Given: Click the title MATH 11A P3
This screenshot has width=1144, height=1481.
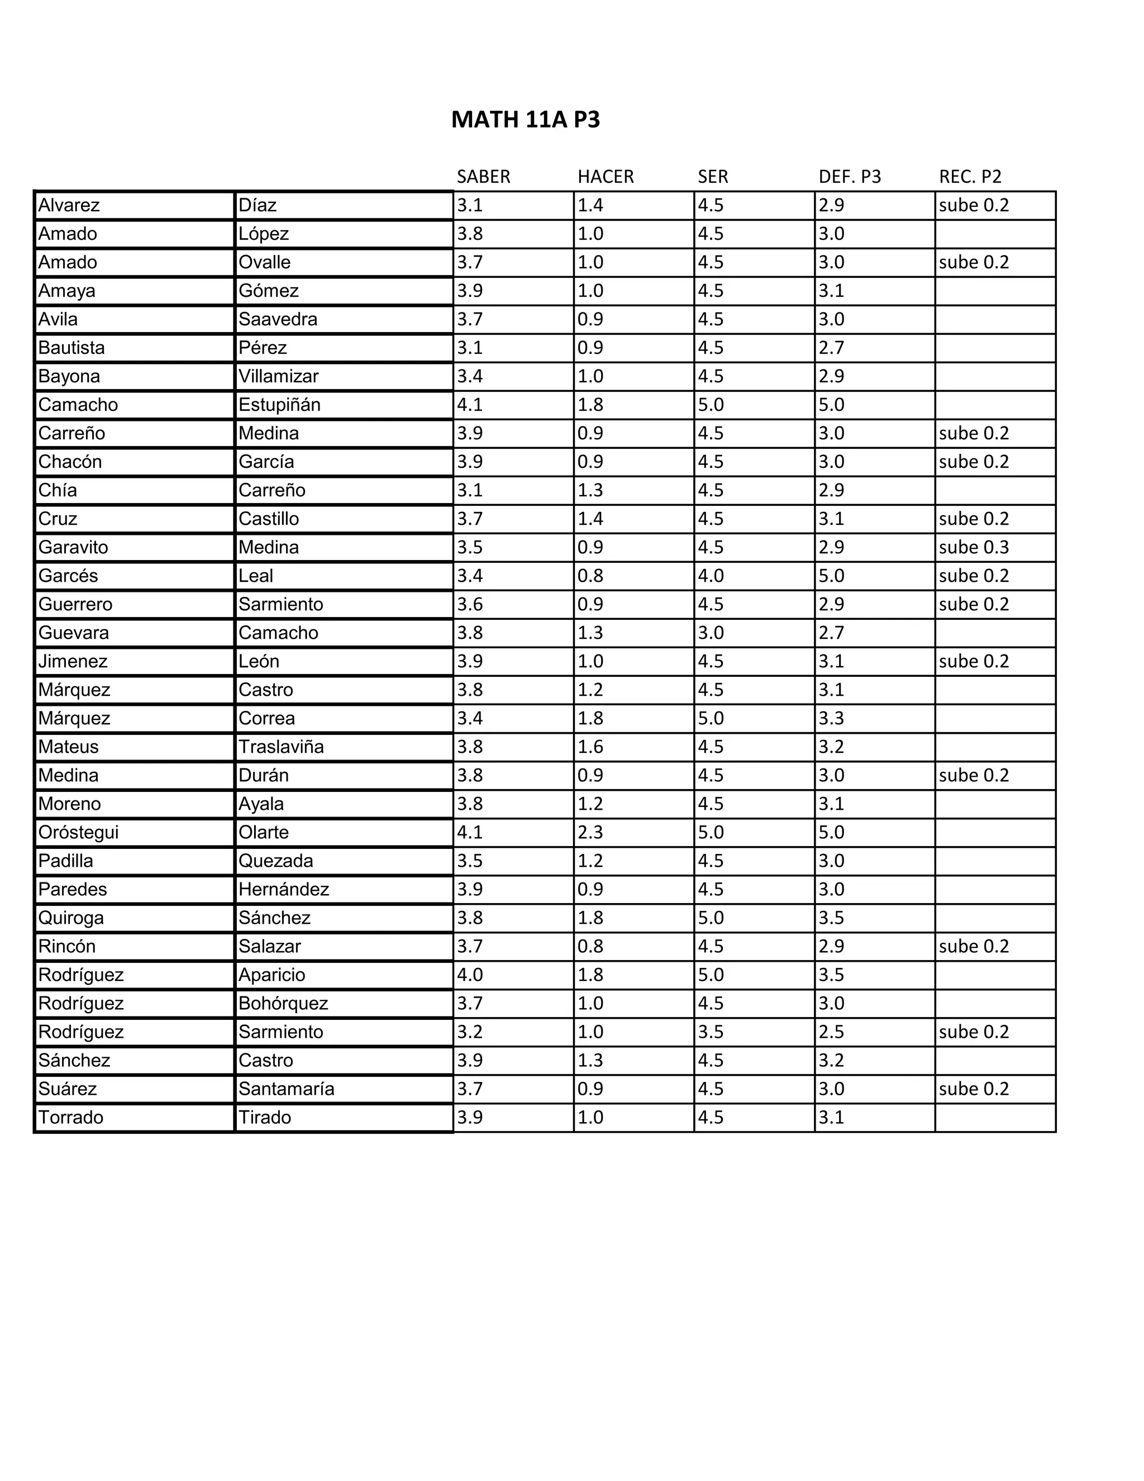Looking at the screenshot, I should (525, 120).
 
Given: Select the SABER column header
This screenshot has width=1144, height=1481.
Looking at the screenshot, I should (483, 177).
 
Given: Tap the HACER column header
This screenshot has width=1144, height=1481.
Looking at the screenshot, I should (605, 177).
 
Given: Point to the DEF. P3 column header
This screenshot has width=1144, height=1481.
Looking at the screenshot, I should (849, 177).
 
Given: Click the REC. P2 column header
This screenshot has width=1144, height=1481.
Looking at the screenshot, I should (970, 177).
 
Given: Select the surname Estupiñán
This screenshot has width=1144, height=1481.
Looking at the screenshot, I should (279, 405).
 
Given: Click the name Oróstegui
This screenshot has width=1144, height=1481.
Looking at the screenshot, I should (78, 832).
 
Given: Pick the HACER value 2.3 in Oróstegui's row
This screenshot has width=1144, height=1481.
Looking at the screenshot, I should (590, 832).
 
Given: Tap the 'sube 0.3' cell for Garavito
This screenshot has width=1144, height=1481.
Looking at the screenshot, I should (973, 547).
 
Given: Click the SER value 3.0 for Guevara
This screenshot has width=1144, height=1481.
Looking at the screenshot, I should (711, 633).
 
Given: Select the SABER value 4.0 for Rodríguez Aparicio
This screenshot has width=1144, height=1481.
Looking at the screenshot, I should (469, 975).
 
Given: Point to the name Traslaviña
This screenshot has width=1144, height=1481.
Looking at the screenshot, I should (280, 747).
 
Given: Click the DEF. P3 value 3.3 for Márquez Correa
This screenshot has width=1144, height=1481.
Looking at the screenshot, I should (831, 718).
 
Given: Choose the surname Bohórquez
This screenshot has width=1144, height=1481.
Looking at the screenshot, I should (283, 1003).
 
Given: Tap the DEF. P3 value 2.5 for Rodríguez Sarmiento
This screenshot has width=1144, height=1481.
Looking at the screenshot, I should (831, 1032).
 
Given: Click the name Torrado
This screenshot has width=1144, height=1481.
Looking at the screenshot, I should (70, 1117).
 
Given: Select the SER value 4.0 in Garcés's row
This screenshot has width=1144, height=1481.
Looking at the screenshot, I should (711, 576).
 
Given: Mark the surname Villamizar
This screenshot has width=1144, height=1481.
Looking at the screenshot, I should (278, 376).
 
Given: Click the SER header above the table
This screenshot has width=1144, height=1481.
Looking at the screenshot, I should (712, 177).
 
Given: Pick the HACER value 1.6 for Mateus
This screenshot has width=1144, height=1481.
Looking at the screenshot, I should (590, 747).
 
